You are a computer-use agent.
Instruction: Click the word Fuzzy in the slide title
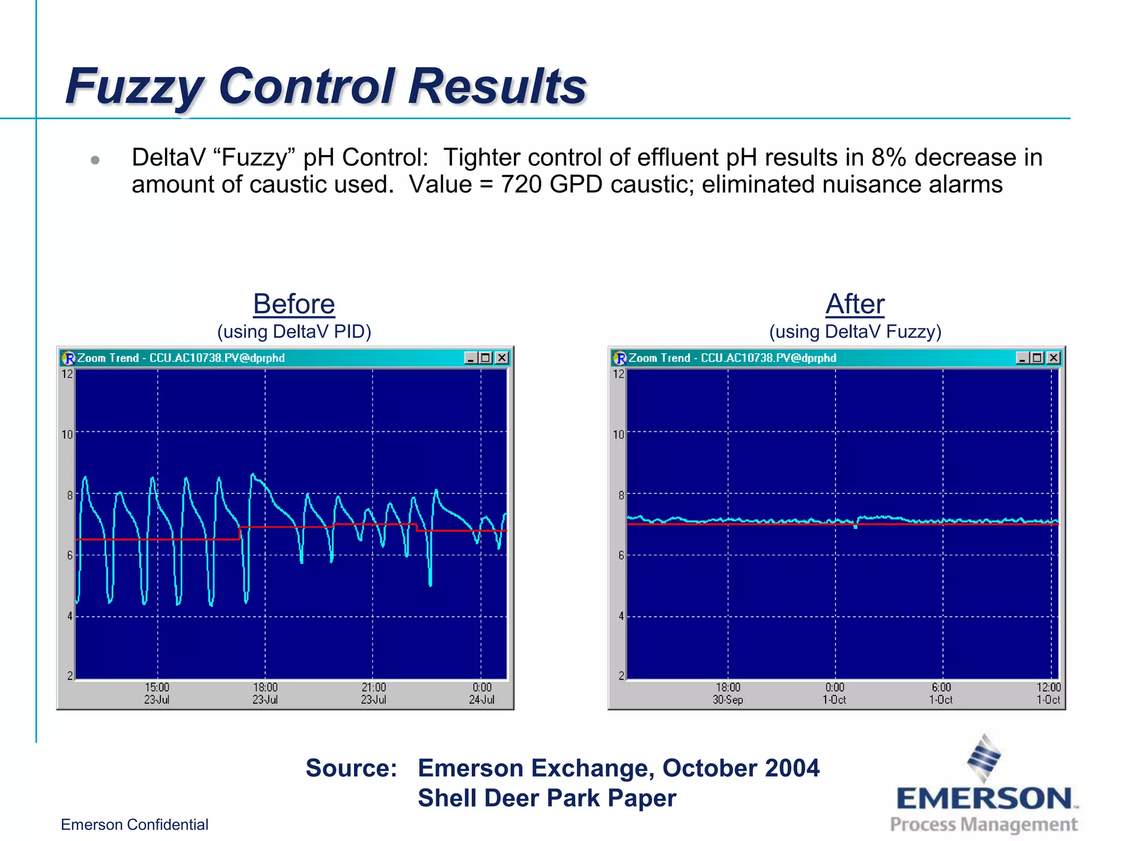pyautogui.click(x=134, y=88)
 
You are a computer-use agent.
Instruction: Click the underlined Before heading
pyautogui.click(x=294, y=304)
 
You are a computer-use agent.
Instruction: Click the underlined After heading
pyautogui.click(x=855, y=304)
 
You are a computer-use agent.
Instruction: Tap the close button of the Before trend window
pyautogui.click(x=502, y=358)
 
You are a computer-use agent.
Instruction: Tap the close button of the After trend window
pyautogui.click(x=1053, y=358)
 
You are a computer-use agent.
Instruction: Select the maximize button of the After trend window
pyautogui.click(x=1037, y=358)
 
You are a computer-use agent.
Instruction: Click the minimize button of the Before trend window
pyautogui.click(x=471, y=358)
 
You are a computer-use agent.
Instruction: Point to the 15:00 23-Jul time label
pyautogui.click(x=157, y=693)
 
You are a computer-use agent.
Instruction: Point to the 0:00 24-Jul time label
pyautogui.click(x=482, y=693)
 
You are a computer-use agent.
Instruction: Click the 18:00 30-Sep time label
pyautogui.click(x=728, y=693)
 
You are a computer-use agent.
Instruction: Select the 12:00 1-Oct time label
pyautogui.click(x=1048, y=693)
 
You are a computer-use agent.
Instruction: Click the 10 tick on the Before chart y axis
pyautogui.click(x=67, y=435)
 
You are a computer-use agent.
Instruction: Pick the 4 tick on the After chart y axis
pyautogui.click(x=621, y=616)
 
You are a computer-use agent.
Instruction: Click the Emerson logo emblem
pyautogui.click(x=984, y=758)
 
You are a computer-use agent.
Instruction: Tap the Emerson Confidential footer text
pyautogui.click(x=134, y=825)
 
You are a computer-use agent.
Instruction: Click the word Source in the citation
pyautogui.click(x=351, y=768)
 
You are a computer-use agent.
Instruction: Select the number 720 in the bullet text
pyautogui.click(x=521, y=185)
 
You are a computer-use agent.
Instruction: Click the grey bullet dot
pyautogui.click(x=95, y=160)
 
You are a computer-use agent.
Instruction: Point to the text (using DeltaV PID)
pyautogui.click(x=294, y=332)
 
